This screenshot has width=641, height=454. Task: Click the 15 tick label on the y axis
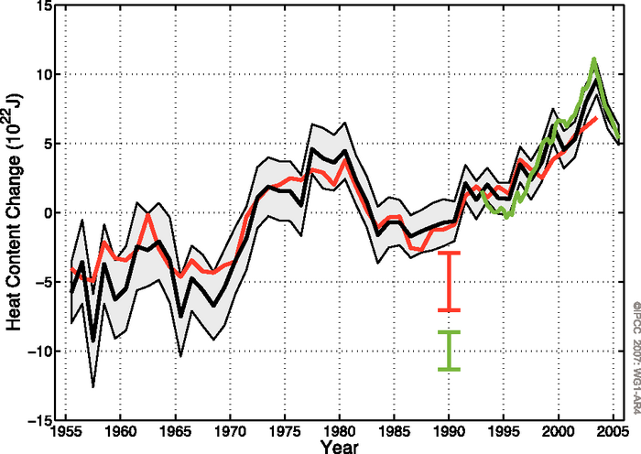(42, 6)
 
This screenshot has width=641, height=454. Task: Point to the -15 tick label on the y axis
(39, 420)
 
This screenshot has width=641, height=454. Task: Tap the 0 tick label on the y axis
(46, 213)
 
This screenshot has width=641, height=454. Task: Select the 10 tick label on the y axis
(42, 75)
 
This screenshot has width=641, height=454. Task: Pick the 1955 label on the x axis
(65, 432)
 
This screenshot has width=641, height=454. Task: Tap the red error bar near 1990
(449, 281)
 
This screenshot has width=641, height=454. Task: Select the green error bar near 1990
(449, 351)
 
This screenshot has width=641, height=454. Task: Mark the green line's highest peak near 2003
(594, 60)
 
